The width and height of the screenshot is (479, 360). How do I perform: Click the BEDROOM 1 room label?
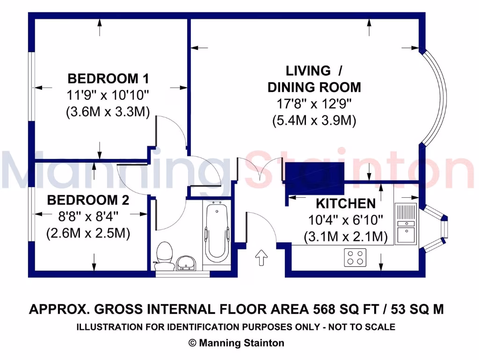108,78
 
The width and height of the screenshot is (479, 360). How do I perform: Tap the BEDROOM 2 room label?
88,201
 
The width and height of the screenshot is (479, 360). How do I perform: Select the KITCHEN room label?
346,203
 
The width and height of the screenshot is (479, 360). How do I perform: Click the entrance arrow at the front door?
261,257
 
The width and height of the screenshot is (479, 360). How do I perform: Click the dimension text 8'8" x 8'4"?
88,217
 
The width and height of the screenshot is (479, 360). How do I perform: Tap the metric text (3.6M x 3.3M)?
108,112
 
